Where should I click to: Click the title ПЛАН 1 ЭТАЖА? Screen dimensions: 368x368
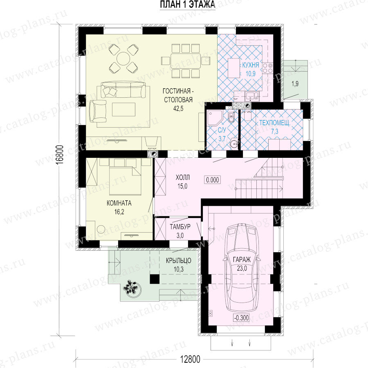[188, 4]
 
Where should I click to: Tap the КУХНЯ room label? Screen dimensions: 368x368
[251, 65]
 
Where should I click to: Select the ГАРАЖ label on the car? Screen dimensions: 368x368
[242, 260]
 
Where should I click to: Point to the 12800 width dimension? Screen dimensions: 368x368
[190, 359]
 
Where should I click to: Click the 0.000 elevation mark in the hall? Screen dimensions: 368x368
[213, 180]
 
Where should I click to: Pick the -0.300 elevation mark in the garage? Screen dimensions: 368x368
[241, 318]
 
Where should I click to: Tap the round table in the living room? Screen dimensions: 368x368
[123, 59]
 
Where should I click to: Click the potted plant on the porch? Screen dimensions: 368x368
[131, 288]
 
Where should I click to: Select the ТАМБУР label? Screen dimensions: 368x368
[180, 227]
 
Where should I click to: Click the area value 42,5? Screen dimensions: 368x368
[178, 108]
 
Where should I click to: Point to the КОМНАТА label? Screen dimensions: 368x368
[119, 203]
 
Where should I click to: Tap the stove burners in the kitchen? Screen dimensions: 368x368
[268, 68]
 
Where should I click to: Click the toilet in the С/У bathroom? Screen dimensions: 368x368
[231, 117]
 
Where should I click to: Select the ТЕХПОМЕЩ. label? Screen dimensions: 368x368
[275, 123]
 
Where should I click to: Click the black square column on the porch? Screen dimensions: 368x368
[155, 279]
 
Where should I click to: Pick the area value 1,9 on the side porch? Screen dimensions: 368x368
[295, 83]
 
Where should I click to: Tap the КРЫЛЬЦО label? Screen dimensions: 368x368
[179, 260]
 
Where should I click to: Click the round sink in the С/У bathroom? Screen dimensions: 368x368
[234, 144]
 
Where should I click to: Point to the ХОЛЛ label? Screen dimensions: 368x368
[183, 177]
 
